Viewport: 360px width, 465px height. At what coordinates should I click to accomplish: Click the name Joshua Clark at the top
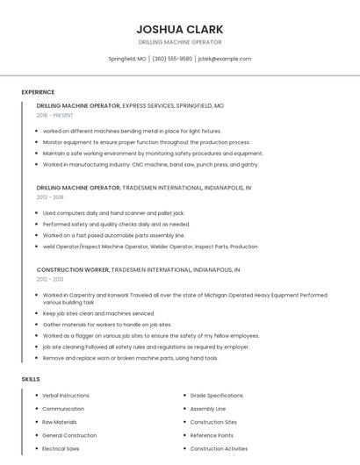pyautogui.click(x=180, y=29)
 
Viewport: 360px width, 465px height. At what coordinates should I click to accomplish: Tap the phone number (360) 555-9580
pyautogui.click(x=172, y=59)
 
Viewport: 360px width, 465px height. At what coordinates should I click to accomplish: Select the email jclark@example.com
pyautogui.click(x=225, y=59)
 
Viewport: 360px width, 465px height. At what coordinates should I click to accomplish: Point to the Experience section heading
pyautogui.click(x=38, y=92)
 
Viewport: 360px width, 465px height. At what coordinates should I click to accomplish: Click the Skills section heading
pyautogui.click(x=31, y=379)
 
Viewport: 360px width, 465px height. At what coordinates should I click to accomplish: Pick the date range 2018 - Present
pyautogui.click(x=56, y=115)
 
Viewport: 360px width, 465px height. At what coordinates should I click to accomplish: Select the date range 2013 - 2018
pyautogui.click(x=50, y=197)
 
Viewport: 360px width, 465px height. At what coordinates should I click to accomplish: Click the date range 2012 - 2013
pyautogui.click(x=50, y=279)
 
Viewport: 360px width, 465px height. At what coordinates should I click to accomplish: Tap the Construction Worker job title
pyautogui.click(x=78, y=270)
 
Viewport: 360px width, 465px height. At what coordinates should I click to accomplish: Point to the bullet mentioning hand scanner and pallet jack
pyautogui.click(x=113, y=213)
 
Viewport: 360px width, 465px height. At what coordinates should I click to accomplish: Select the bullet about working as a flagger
pyautogui.click(x=150, y=335)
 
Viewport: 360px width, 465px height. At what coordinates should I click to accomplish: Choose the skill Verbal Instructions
pyautogui.click(x=66, y=396)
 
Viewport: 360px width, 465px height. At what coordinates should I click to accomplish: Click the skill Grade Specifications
pyautogui.click(x=216, y=396)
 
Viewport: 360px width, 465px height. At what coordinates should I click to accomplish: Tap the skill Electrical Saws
pyautogui.click(x=61, y=448)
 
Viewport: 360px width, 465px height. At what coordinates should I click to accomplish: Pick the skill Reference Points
pyautogui.click(x=212, y=435)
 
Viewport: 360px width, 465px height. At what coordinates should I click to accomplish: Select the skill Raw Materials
pyautogui.click(x=60, y=422)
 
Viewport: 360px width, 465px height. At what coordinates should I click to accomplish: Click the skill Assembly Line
pyautogui.click(x=208, y=409)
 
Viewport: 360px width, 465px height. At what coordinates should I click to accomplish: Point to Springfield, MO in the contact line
pyautogui.click(x=127, y=59)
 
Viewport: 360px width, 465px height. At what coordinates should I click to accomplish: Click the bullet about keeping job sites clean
pyautogui.click(x=98, y=313)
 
